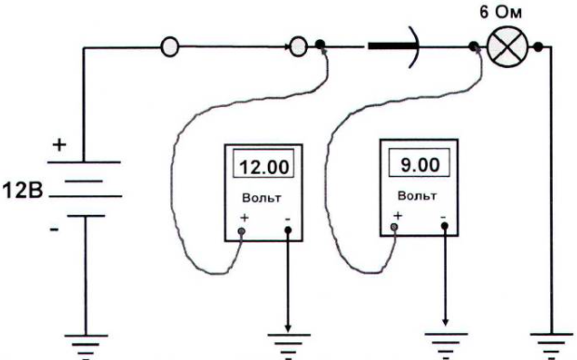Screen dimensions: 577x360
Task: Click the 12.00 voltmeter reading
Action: (264, 167)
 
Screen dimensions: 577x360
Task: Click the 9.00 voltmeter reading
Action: (420, 165)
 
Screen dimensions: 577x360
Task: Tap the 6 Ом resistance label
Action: (501, 12)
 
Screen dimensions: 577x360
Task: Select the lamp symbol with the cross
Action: (507, 47)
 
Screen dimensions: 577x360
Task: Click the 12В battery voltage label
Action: (23, 192)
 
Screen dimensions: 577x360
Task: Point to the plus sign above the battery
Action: (60, 145)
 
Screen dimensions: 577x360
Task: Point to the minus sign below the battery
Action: (54, 230)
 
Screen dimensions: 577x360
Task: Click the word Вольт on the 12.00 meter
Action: (262, 198)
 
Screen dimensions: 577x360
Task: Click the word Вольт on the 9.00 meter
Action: (417, 195)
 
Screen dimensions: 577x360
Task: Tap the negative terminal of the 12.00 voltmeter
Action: (288, 230)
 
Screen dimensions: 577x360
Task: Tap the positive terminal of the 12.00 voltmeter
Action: (241, 231)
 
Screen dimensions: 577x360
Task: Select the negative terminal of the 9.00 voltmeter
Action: (445, 225)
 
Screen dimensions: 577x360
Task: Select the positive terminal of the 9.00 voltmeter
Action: (394, 227)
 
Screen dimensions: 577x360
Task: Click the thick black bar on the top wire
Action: (393, 47)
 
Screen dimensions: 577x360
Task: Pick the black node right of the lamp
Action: (538, 47)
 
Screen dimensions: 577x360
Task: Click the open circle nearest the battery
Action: (170, 47)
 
